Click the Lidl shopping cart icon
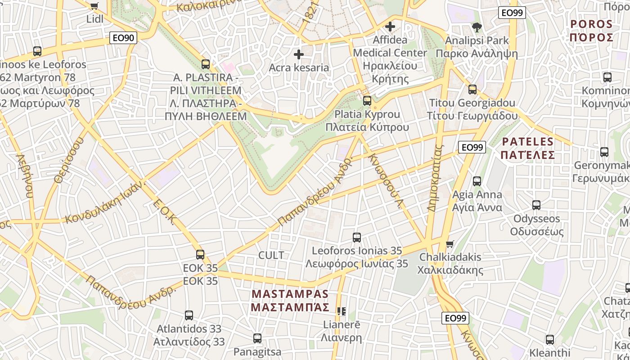click(x=94, y=6)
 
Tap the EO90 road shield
click(x=123, y=38)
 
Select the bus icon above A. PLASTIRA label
click(x=206, y=64)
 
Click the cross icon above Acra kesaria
click(x=298, y=54)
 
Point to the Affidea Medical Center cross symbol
click(x=390, y=27)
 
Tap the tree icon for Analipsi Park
click(x=477, y=27)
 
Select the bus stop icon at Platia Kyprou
click(x=367, y=100)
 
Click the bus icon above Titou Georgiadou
click(x=472, y=90)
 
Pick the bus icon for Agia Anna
click(x=477, y=181)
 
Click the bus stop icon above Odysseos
click(x=536, y=205)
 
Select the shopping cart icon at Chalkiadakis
click(x=450, y=244)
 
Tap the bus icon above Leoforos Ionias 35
click(x=357, y=237)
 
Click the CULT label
click(x=271, y=255)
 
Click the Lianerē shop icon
click(x=342, y=311)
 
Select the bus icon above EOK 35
click(x=200, y=255)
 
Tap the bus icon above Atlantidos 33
click(x=189, y=315)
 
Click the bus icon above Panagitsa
click(x=257, y=338)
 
